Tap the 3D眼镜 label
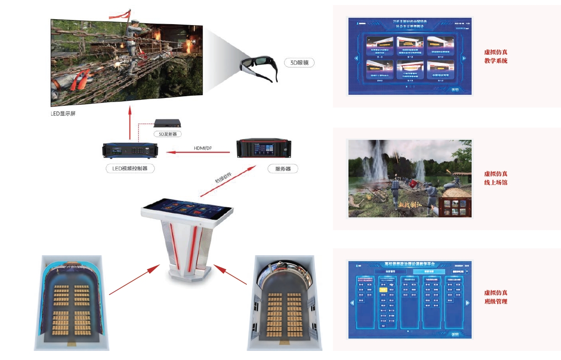pos(300,63)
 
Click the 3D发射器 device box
pos(168,123)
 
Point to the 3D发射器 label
pos(167,134)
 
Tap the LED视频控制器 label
pos(130,169)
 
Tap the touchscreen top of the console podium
pos(187,209)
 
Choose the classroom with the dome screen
pos(285,303)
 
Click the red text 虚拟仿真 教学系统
pos(495,57)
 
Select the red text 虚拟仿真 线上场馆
pos(495,178)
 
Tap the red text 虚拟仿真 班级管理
pos(495,297)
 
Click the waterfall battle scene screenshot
pos(410,179)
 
